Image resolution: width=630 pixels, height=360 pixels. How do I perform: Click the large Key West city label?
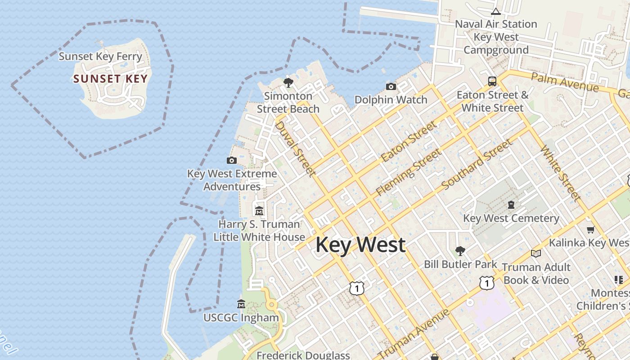[360, 245]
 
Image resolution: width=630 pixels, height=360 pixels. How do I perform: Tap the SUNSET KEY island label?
[110, 79]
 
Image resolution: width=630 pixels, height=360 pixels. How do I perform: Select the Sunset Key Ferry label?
[100, 57]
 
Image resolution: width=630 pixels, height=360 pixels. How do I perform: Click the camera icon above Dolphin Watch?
[391, 86]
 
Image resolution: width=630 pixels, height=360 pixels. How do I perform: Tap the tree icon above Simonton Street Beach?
[288, 82]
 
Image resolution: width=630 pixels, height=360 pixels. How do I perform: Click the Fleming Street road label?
[409, 172]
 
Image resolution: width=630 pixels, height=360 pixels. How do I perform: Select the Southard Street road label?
[477, 165]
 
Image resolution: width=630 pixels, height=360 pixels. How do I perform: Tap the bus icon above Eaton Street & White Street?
[492, 81]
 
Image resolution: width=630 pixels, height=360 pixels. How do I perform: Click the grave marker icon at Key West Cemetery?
[511, 205]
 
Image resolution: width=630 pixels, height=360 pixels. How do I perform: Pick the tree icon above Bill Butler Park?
[460, 251]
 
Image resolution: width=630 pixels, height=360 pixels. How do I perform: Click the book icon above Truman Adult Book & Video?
[535, 254]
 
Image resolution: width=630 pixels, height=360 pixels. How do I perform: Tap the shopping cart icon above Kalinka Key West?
[591, 230]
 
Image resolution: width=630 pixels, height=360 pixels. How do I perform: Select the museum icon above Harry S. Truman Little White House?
[259, 211]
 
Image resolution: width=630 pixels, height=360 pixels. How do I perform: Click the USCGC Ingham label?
[241, 318]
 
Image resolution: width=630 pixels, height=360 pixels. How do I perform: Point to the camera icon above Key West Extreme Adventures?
[232, 160]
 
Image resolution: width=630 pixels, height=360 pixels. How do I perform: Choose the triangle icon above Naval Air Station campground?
[496, 11]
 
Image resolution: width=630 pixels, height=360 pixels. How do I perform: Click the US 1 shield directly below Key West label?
[357, 288]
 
